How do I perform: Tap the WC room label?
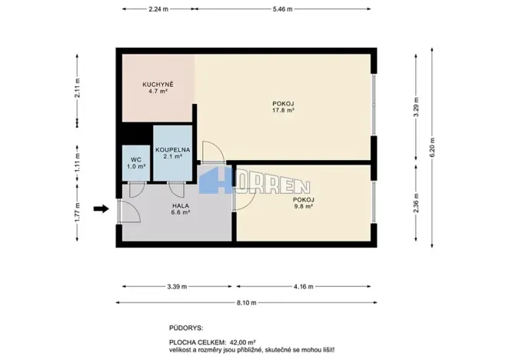[x=135, y=160]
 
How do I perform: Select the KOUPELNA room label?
[x=168, y=149]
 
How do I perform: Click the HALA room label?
[x=181, y=205]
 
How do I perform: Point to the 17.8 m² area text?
[x=284, y=110]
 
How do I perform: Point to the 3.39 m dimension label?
[x=177, y=286]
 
